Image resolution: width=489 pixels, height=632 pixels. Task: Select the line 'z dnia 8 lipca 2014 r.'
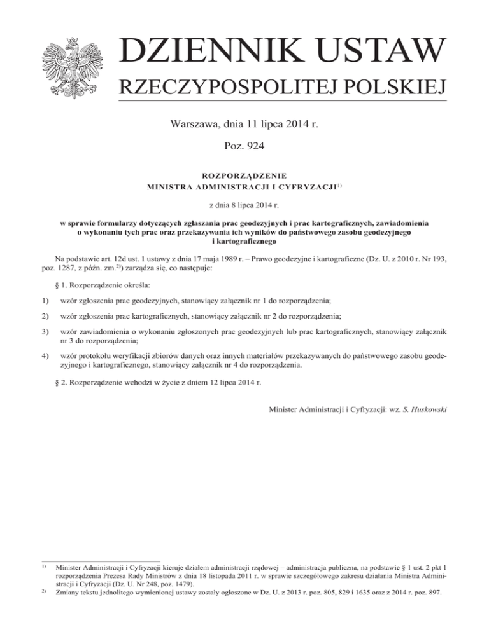coord(244,205)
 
